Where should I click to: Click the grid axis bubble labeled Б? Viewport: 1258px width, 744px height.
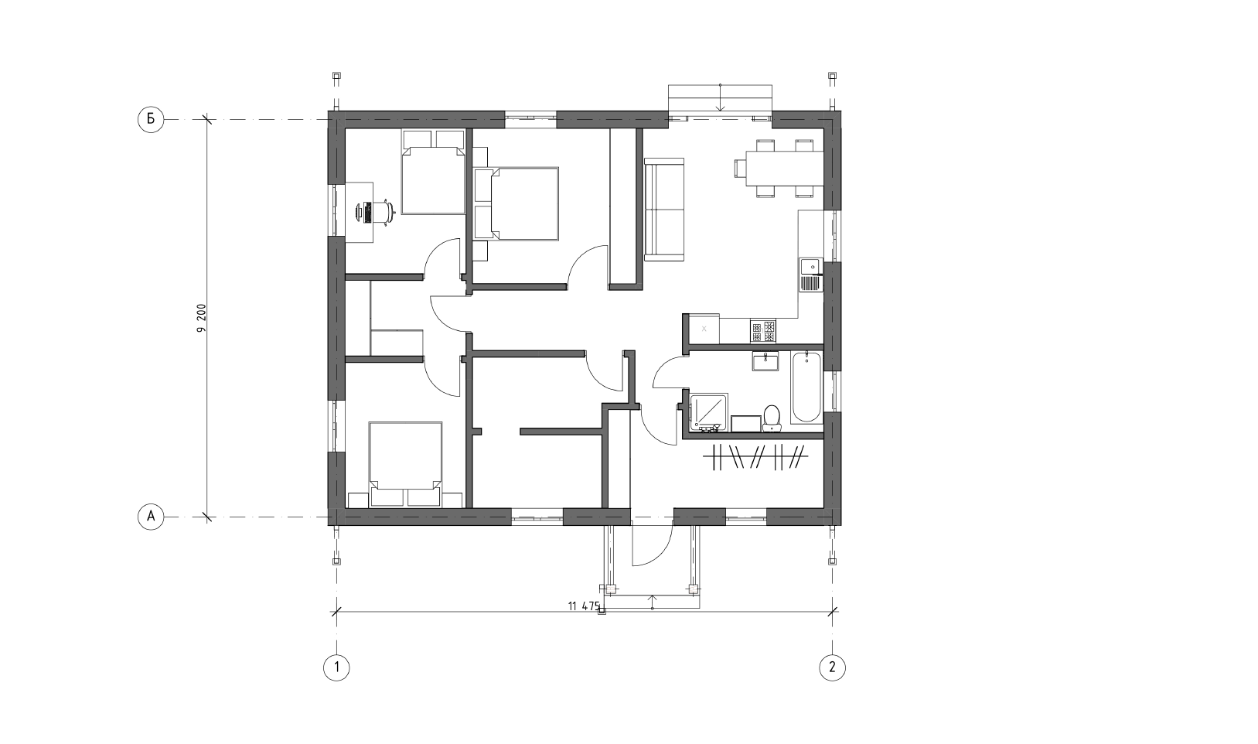point(151,119)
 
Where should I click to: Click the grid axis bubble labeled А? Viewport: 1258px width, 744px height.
point(151,517)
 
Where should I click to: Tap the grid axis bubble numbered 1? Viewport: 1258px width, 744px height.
point(336,667)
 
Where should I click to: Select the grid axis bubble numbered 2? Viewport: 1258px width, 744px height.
point(832,667)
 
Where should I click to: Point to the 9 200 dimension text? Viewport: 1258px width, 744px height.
point(202,318)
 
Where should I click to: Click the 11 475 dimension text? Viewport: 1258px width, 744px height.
point(584,606)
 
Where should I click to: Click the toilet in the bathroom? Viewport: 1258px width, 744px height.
point(772,419)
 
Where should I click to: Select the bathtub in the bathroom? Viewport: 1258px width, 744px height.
point(806,387)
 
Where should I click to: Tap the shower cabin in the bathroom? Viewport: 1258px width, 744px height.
point(709,413)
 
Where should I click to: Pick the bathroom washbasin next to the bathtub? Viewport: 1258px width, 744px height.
point(765,360)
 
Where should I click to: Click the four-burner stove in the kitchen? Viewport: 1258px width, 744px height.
point(762,330)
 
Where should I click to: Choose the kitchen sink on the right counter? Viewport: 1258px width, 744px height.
point(811,275)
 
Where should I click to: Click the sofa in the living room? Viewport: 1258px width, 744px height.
point(664,210)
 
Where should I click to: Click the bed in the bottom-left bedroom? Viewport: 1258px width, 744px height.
point(405,464)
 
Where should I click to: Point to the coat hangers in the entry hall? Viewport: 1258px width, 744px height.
point(755,457)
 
